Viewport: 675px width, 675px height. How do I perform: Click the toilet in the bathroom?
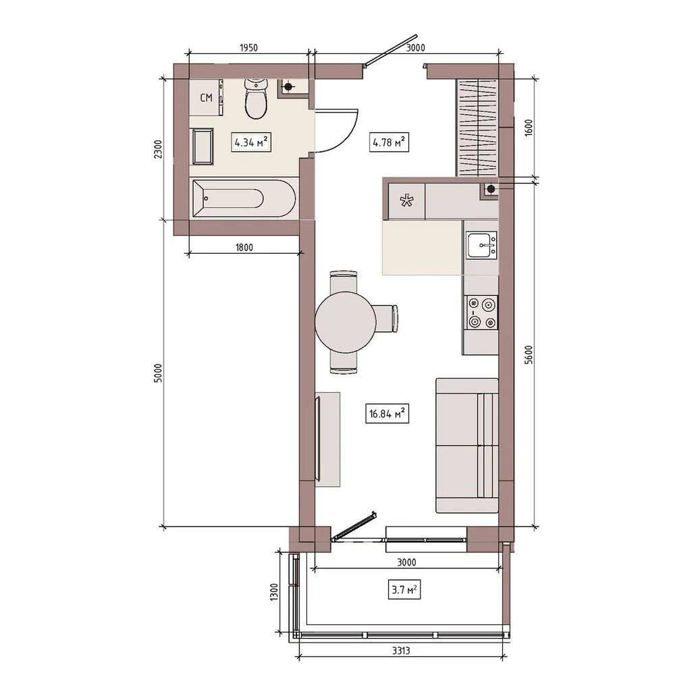pyautogui.click(x=256, y=99)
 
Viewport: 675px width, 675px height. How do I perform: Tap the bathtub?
pyautogui.click(x=244, y=198)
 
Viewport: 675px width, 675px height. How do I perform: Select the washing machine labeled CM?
pyautogui.click(x=206, y=98)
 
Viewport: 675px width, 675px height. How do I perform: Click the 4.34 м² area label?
pyautogui.click(x=251, y=142)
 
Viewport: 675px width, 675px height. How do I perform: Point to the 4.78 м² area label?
pyautogui.click(x=389, y=142)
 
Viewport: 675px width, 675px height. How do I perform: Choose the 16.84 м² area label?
pyautogui.click(x=387, y=413)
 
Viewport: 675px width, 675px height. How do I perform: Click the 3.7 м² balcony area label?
pyautogui.click(x=404, y=589)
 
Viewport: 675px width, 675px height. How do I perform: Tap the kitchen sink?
pyautogui.click(x=482, y=246)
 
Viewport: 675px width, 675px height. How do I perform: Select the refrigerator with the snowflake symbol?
pyautogui.click(x=406, y=201)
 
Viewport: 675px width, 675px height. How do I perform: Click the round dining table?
pyautogui.click(x=346, y=322)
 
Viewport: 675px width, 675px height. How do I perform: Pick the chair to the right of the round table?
pyautogui.click(x=385, y=319)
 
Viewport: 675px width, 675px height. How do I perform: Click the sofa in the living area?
pyautogui.click(x=467, y=446)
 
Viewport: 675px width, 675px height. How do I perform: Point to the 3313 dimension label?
pyautogui.click(x=401, y=651)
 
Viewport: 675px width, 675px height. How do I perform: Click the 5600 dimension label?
pyautogui.click(x=529, y=355)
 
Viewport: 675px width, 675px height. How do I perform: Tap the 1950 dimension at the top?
pyautogui.click(x=248, y=48)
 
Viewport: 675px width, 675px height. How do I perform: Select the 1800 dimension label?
pyautogui.click(x=244, y=248)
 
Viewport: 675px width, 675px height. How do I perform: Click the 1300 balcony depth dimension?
pyautogui.click(x=274, y=593)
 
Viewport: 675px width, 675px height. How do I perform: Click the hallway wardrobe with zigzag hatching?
pyautogui.click(x=477, y=128)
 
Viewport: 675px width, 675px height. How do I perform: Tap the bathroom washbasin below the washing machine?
pyautogui.click(x=202, y=146)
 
